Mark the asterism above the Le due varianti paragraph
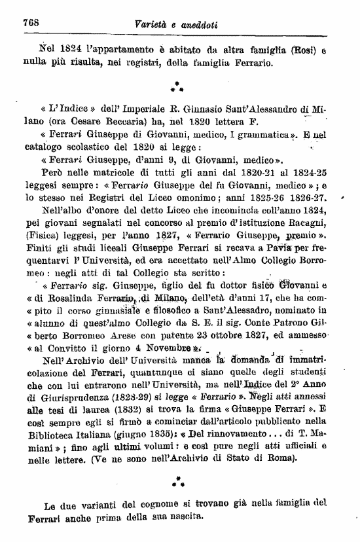pyautogui.click(x=176, y=486)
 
